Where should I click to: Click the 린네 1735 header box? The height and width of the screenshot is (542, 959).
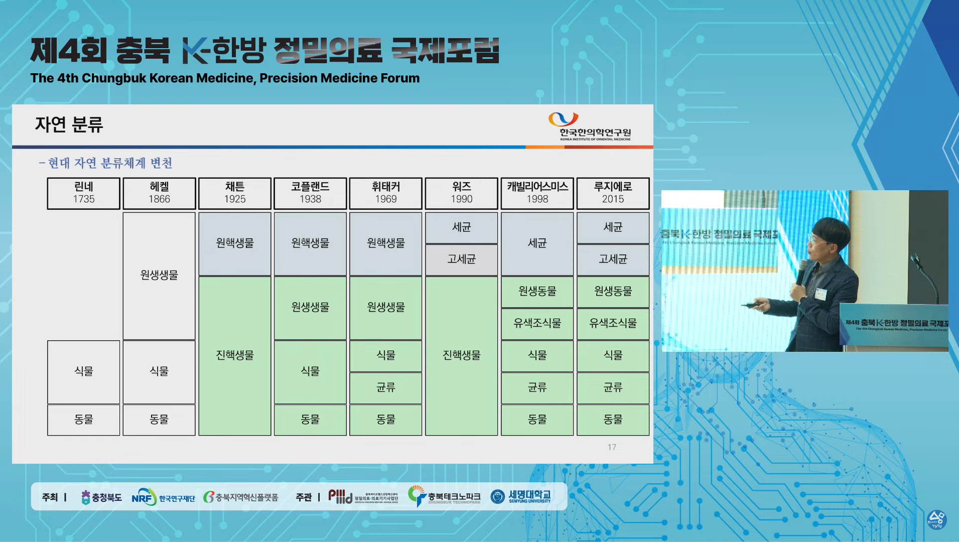(x=84, y=193)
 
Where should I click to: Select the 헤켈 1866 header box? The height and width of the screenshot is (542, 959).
(x=159, y=193)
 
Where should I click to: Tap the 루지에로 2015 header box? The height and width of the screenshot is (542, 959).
(x=613, y=193)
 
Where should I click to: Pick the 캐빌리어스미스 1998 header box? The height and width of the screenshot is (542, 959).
(x=537, y=193)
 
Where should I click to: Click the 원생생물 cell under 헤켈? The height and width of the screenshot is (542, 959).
(x=159, y=276)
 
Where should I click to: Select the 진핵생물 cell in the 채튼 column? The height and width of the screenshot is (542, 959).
(x=235, y=355)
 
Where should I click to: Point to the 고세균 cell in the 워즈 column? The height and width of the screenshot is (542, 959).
(x=461, y=259)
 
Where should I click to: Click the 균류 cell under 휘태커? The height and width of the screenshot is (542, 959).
(x=386, y=387)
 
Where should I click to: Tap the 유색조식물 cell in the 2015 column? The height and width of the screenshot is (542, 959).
(x=613, y=324)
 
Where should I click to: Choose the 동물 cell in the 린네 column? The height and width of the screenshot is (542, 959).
(x=84, y=420)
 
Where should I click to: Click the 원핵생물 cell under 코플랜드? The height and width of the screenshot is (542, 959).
(x=310, y=243)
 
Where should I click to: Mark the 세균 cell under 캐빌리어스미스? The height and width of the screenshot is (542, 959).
(x=537, y=243)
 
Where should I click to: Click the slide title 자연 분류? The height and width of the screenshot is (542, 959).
(x=69, y=124)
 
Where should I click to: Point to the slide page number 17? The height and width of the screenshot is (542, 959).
(x=612, y=447)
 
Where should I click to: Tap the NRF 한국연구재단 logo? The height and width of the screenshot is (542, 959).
(x=163, y=497)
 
